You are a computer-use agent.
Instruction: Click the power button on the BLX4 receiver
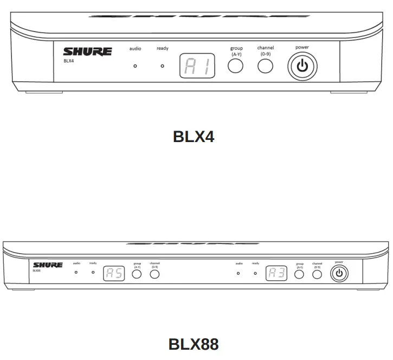click(302, 67)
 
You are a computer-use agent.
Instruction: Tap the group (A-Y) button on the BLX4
click(235, 66)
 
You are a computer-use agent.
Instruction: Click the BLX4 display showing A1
click(197, 66)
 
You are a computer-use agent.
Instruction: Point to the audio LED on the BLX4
click(135, 66)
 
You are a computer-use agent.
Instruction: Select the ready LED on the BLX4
click(162, 66)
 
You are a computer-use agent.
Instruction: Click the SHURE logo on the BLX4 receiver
click(88, 52)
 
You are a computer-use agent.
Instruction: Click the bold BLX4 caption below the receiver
click(194, 137)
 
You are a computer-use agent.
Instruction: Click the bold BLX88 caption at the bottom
click(194, 344)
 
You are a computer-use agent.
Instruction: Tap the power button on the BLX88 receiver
click(340, 273)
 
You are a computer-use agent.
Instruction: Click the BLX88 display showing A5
click(114, 273)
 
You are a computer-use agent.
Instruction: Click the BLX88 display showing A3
click(276, 273)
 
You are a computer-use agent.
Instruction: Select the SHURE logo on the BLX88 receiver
click(48, 265)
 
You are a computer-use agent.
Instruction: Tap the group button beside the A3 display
click(299, 274)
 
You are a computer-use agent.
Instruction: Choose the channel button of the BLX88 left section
click(155, 274)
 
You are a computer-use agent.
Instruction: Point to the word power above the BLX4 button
click(302, 48)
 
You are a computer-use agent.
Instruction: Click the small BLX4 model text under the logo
click(68, 61)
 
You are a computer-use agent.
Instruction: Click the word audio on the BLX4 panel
click(135, 49)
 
